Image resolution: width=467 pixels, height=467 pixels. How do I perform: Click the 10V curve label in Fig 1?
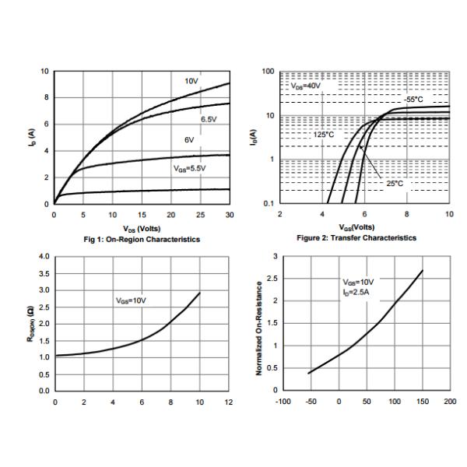pyautogui.click(x=192, y=81)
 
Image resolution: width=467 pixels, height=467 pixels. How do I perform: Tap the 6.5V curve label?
pyautogui.click(x=208, y=119)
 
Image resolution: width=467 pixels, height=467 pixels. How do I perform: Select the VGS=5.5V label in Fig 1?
pyautogui.click(x=189, y=167)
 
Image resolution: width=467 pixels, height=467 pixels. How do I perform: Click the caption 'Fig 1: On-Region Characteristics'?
pyautogui.click(x=142, y=239)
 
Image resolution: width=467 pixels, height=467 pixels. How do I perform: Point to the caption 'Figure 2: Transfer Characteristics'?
pyautogui.click(x=363, y=238)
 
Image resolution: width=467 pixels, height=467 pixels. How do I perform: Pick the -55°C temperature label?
pyautogui.click(x=414, y=100)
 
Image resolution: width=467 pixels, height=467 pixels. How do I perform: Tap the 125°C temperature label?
pyautogui.click(x=324, y=134)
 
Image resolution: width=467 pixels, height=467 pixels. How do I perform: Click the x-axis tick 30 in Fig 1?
pyautogui.click(x=229, y=214)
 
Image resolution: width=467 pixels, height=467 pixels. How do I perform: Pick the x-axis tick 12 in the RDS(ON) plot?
pyautogui.click(x=228, y=402)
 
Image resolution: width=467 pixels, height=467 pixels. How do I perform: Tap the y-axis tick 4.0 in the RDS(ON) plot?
pyautogui.click(x=44, y=256)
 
